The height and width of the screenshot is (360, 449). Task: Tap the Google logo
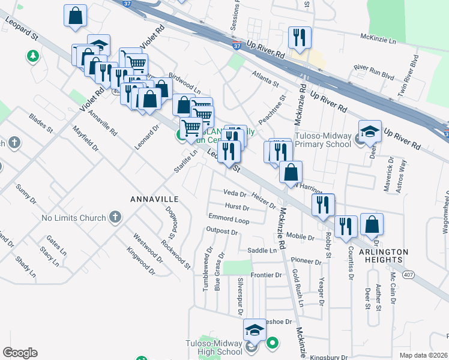(x=20, y=353)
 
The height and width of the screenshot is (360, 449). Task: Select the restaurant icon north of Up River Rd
(x=298, y=37)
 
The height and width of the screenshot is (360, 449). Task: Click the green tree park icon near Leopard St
(x=31, y=56)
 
